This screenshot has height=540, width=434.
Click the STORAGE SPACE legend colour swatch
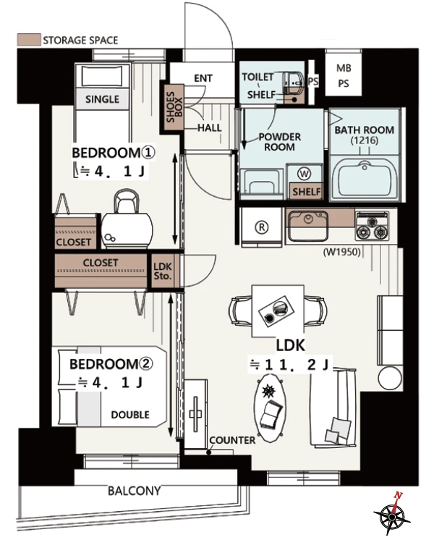tap(29, 40)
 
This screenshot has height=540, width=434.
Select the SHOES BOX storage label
tap(174, 107)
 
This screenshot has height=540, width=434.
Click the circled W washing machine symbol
tap(304, 174)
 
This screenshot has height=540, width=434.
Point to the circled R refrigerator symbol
tap(262, 227)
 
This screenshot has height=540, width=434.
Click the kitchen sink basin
tap(307, 227)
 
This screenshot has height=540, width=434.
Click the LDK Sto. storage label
tap(163, 271)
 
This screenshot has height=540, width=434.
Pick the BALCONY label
tap(135, 490)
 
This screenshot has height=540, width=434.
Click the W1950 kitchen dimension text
tap(341, 253)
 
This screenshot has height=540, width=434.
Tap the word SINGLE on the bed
tap(102, 99)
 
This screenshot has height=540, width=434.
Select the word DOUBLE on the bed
tap(130, 415)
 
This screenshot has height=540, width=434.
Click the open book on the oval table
tap(271, 414)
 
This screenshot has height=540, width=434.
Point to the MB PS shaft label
tap(344, 76)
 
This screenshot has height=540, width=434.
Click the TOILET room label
tap(258, 77)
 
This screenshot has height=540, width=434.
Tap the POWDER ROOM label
tap(279, 142)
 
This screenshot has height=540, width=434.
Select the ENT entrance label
tap(203, 78)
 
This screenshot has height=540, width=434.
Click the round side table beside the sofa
tap(391, 378)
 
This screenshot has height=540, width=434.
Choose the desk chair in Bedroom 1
tap(127, 219)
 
